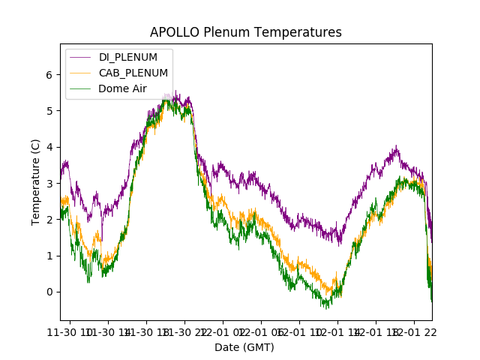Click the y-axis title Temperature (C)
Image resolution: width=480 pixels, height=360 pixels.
coord(36,181)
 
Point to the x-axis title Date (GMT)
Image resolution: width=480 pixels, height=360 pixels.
coord(244,347)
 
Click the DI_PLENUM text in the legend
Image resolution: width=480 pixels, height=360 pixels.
coord(128,58)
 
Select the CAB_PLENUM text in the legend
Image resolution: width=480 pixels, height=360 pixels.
coord(133,73)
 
